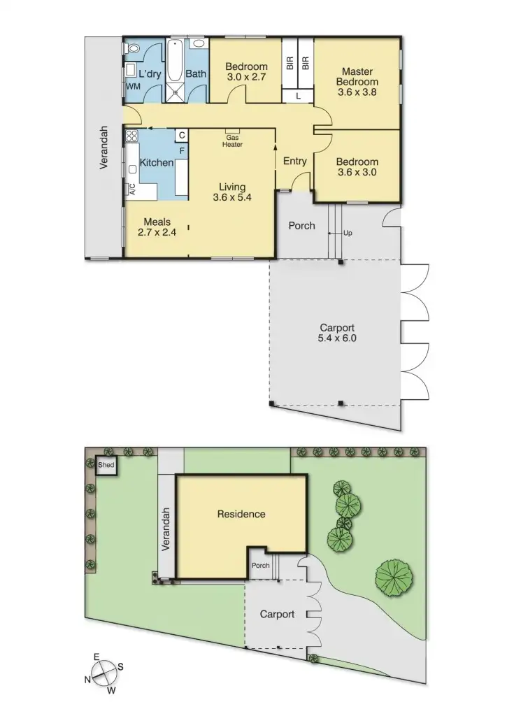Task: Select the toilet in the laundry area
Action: pyautogui.click(x=133, y=49)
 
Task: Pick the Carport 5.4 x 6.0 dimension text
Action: pyautogui.click(x=337, y=333)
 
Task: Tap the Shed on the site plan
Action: pyautogui.click(x=106, y=465)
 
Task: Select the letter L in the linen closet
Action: pyautogui.click(x=298, y=97)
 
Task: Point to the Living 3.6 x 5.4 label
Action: pyautogui.click(x=232, y=192)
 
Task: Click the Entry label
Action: pyautogui.click(x=295, y=162)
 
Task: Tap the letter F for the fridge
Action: pyautogui.click(x=182, y=150)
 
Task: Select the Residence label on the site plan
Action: pyautogui.click(x=241, y=514)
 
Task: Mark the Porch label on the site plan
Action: pyautogui.click(x=260, y=566)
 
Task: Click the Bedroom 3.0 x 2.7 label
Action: pyautogui.click(x=245, y=72)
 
